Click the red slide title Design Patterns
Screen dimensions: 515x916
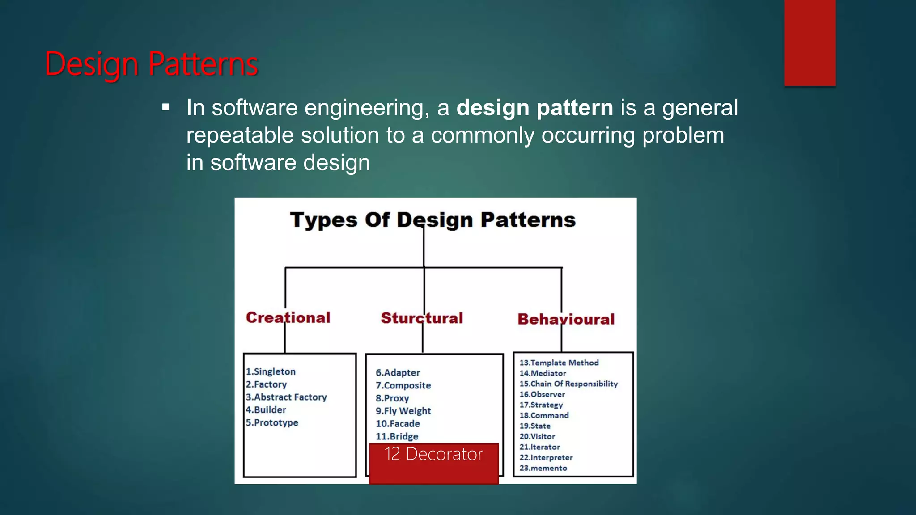point(151,64)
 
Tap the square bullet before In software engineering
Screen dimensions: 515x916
point(166,108)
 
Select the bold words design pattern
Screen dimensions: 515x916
point(534,108)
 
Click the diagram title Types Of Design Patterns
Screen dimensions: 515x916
point(433,220)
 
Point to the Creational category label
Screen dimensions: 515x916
point(288,317)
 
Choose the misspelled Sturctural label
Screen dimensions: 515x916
point(422,318)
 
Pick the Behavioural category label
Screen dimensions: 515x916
point(566,319)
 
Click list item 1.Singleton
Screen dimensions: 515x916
point(271,371)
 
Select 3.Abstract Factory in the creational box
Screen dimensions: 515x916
point(286,397)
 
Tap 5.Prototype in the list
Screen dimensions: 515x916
point(272,422)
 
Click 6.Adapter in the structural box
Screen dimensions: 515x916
point(398,372)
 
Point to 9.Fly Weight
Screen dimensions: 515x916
point(403,411)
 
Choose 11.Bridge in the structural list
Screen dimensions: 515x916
point(397,436)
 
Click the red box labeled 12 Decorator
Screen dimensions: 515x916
point(433,463)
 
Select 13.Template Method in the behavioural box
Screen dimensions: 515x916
point(559,363)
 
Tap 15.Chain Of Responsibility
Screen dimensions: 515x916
point(568,384)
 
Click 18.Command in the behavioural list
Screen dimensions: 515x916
point(544,415)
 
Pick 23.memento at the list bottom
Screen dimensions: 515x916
point(543,468)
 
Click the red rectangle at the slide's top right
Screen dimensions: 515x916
point(810,42)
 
